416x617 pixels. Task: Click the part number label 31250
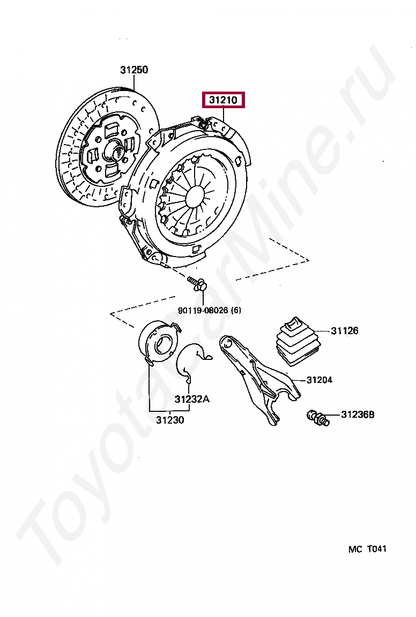[x=134, y=70]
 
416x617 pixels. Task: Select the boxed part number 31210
[x=222, y=100]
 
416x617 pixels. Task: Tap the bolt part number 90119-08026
[x=203, y=310]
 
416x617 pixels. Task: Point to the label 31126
[x=344, y=331]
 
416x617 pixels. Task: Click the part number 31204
[x=320, y=380]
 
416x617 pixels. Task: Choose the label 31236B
[x=358, y=415]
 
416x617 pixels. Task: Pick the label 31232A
[x=192, y=399]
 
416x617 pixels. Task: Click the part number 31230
[x=170, y=420]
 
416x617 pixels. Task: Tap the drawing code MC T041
[x=367, y=549]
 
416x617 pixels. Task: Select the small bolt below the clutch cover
[x=198, y=284]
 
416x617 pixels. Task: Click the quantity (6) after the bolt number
[x=236, y=310]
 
